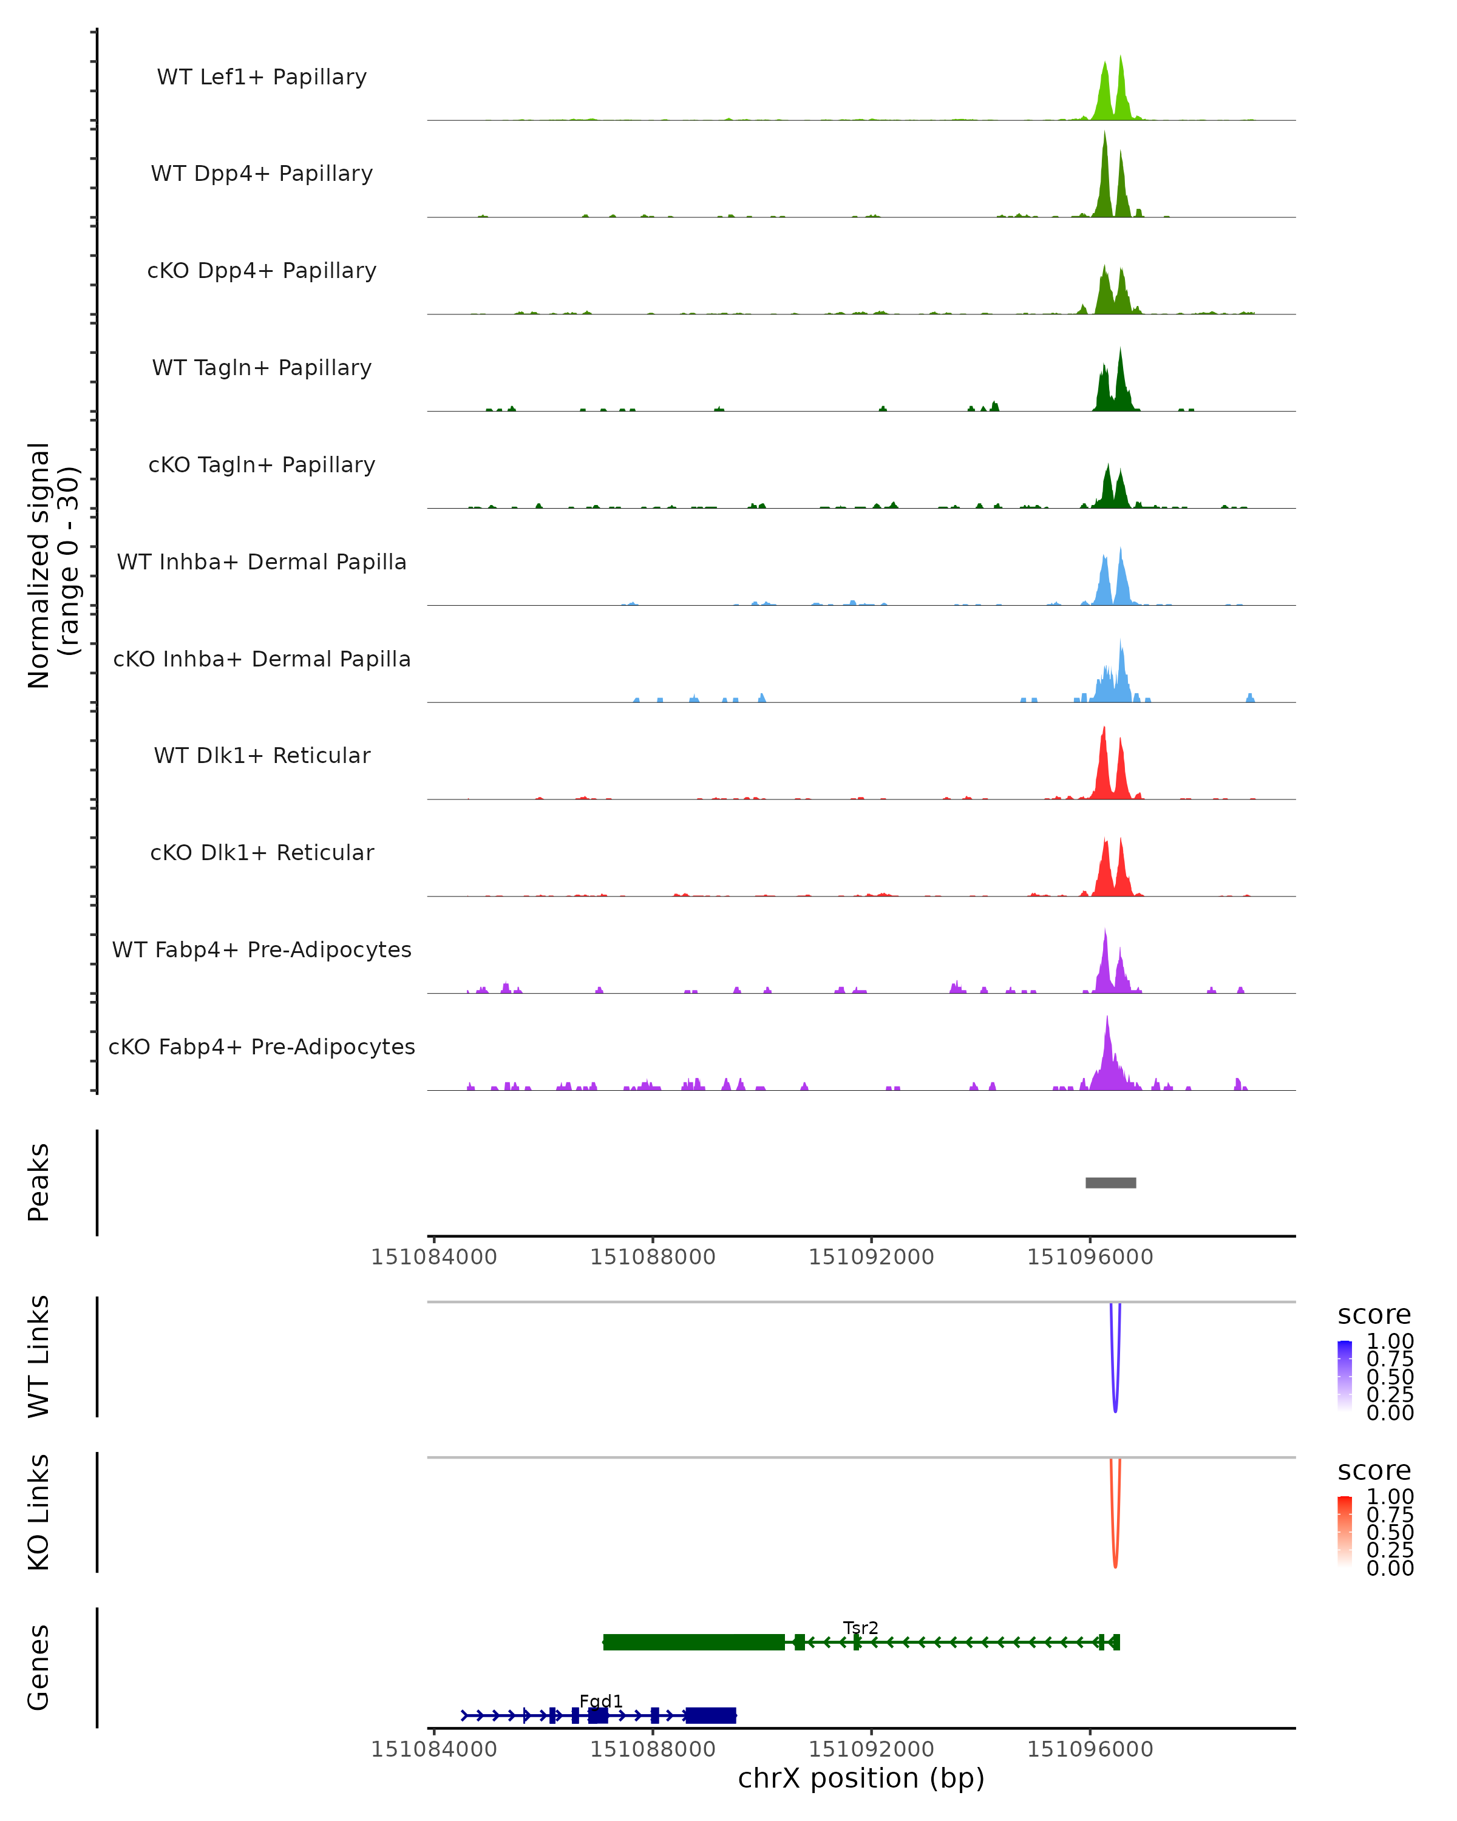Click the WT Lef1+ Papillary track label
click(x=262, y=77)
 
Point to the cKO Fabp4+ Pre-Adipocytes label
click(x=262, y=1046)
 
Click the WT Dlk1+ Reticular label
click(x=262, y=755)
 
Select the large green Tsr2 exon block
click(x=693, y=1642)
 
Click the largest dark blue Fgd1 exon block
click(x=710, y=1715)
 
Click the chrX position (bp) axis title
click(x=861, y=1779)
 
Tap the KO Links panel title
click(x=39, y=1512)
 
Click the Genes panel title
click(x=39, y=1667)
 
